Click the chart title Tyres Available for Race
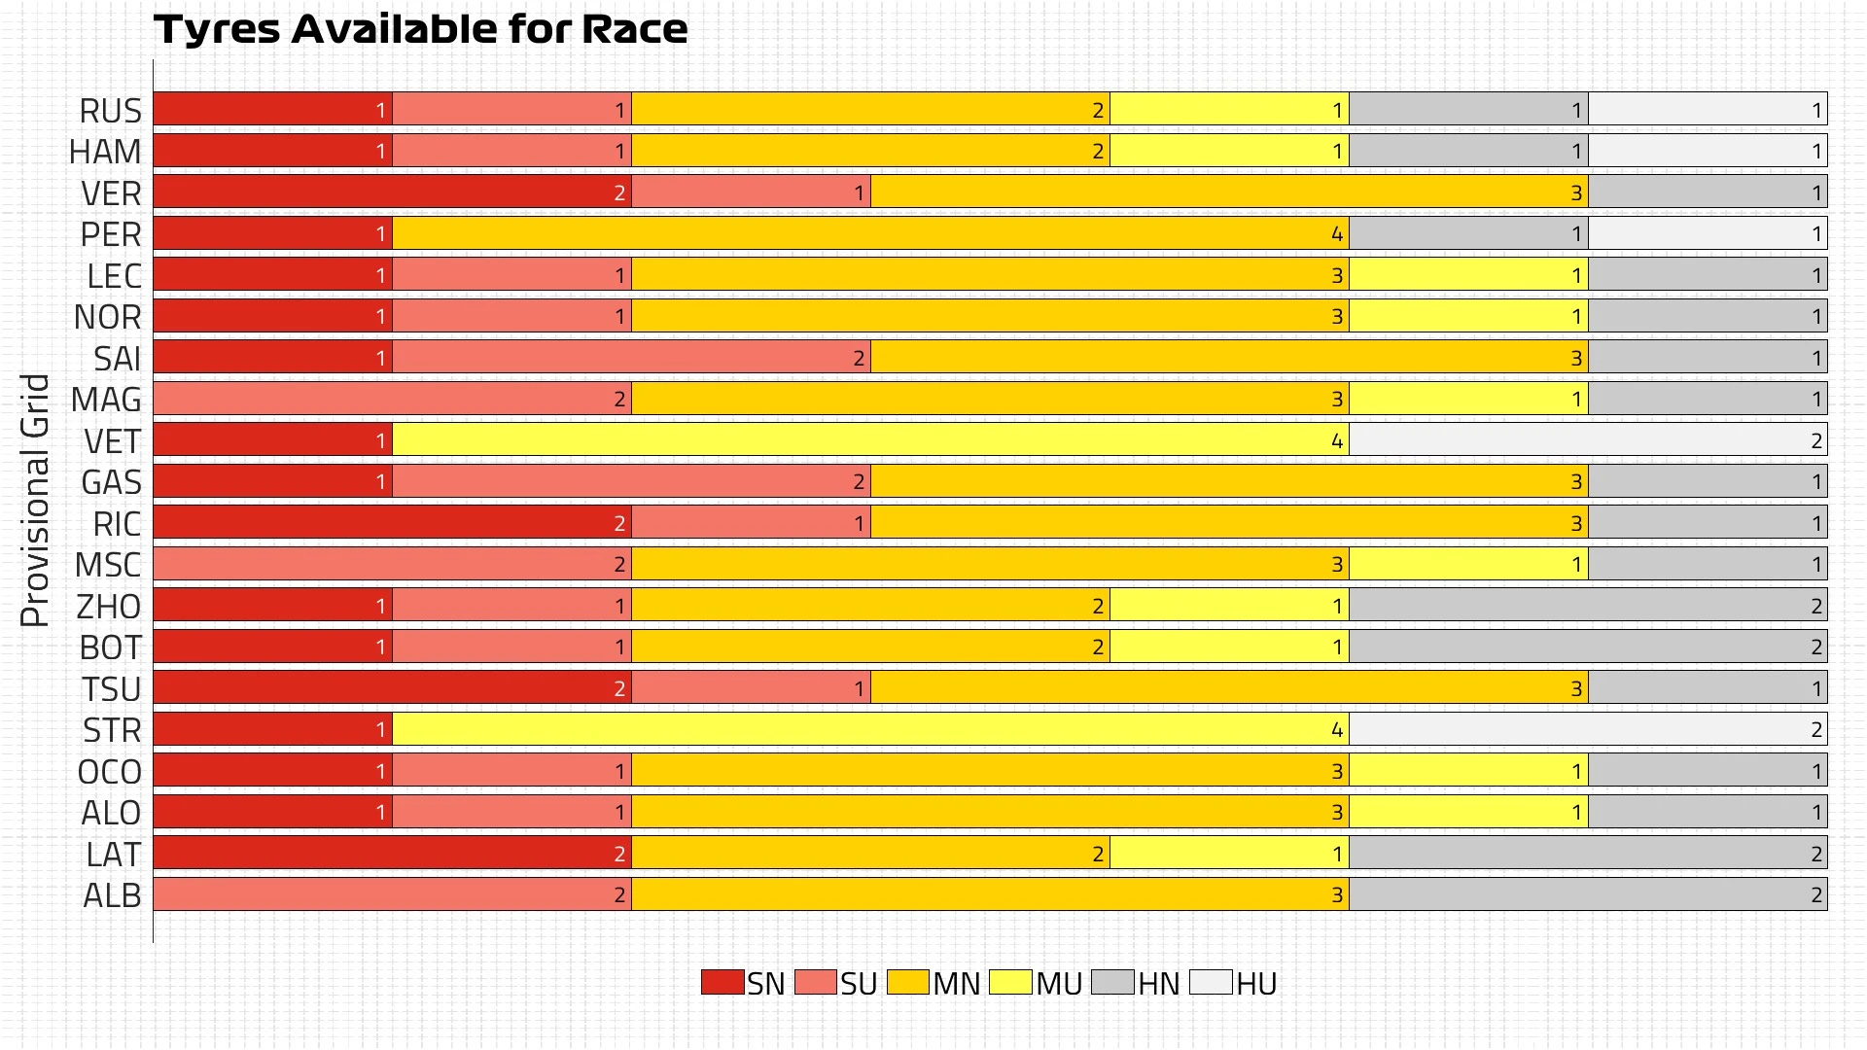(420, 29)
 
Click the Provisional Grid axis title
(35, 501)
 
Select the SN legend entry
(743, 983)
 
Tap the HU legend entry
(1233, 983)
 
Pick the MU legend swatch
(1010, 982)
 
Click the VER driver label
(111, 193)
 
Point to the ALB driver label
(112, 895)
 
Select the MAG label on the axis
(106, 400)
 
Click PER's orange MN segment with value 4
(870, 233)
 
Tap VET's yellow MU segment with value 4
(870, 440)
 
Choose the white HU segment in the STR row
(1588, 729)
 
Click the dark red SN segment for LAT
(392, 854)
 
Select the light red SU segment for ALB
(392, 894)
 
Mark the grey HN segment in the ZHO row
(1588, 606)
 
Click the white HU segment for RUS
(1708, 109)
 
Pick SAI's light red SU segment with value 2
(631, 358)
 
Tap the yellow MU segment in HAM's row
(1229, 151)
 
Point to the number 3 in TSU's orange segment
(1576, 689)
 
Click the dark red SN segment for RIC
(392, 523)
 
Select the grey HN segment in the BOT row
(1588, 647)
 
